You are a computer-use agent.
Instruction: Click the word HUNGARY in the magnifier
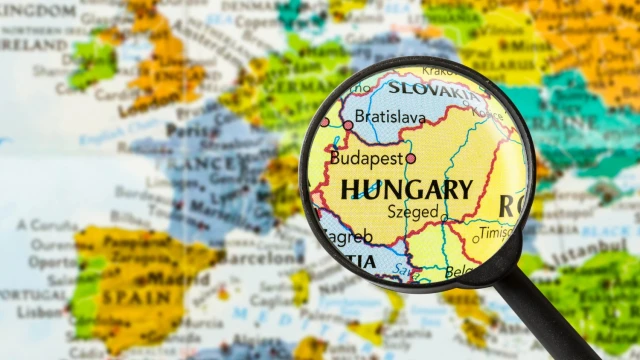tap(406, 190)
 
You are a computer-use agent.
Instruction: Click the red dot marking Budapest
tap(411, 158)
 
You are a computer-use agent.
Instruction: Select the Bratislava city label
tap(391, 118)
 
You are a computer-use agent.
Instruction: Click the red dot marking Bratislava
tap(348, 125)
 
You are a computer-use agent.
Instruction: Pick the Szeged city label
tap(413, 212)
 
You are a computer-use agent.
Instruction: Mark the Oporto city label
tap(52, 261)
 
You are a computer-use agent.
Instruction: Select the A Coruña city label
tap(54, 225)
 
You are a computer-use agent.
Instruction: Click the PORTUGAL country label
tap(30, 296)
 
